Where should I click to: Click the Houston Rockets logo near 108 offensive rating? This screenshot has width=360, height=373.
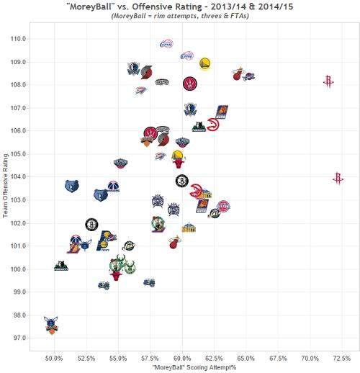point(329,82)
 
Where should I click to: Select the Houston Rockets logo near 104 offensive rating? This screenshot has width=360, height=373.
point(338,178)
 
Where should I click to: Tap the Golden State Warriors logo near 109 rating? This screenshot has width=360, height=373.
point(205,63)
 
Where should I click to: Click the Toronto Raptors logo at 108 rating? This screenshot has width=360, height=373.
point(189,84)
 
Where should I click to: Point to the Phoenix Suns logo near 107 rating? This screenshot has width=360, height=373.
point(222,112)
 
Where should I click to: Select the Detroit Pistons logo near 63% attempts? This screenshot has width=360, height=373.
point(223,207)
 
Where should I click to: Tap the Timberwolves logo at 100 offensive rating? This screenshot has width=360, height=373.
point(61,266)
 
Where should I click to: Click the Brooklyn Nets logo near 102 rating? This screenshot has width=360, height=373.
point(91,224)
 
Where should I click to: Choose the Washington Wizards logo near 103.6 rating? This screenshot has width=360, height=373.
point(113,186)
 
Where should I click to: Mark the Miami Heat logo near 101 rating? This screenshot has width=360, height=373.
point(174,243)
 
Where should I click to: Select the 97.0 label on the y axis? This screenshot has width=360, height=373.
point(17,338)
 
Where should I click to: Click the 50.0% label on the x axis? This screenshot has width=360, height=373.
point(55,358)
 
